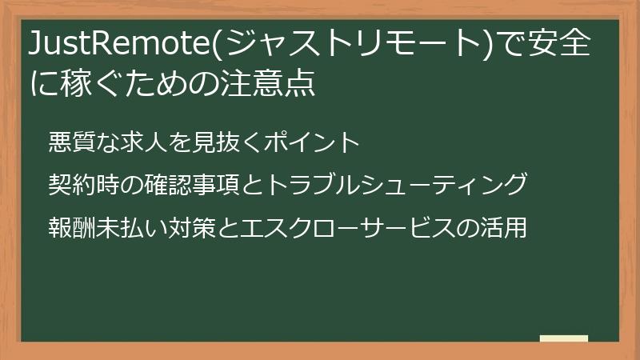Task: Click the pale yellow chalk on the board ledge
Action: click(x=564, y=338)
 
